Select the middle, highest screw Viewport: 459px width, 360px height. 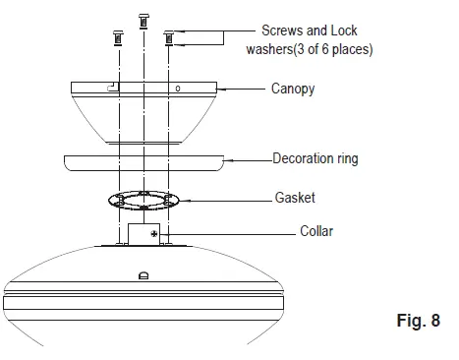(144, 21)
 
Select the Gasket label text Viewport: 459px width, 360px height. (294, 198)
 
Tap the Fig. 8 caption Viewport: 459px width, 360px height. (417, 320)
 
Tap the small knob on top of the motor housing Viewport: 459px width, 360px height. (143, 275)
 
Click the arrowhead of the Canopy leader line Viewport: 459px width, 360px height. (220, 89)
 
